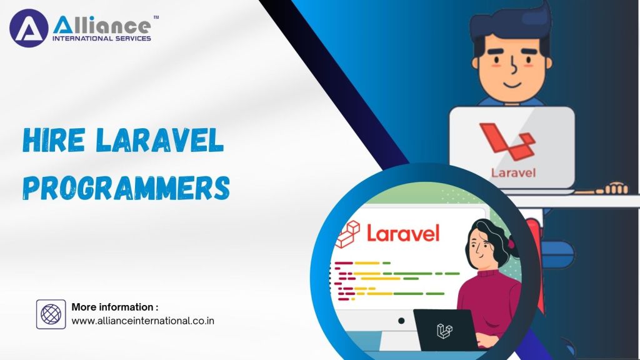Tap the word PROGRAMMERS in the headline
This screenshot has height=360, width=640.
point(126,187)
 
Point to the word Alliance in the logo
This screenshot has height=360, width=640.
point(101,25)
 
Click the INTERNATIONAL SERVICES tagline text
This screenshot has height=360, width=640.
point(101,39)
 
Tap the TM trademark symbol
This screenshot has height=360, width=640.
point(156,18)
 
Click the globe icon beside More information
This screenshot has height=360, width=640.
point(51,314)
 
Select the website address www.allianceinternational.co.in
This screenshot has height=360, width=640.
point(143,321)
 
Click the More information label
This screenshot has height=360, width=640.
point(114,307)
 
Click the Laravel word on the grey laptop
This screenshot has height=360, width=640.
point(512,171)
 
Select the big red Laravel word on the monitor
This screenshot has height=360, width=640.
point(403,233)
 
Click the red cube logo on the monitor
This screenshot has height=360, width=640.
point(348,235)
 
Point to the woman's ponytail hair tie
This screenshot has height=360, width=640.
point(511,242)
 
